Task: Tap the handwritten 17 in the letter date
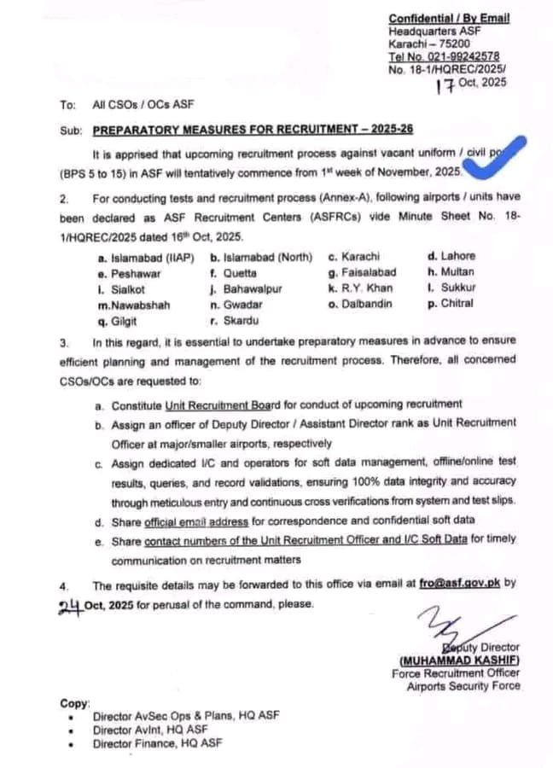(444, 84)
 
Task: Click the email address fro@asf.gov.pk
(459, 585)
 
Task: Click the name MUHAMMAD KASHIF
(458, 660)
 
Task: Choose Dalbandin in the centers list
(367, 304)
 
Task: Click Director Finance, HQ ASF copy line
(158, 743)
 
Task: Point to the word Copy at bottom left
(74, 703)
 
